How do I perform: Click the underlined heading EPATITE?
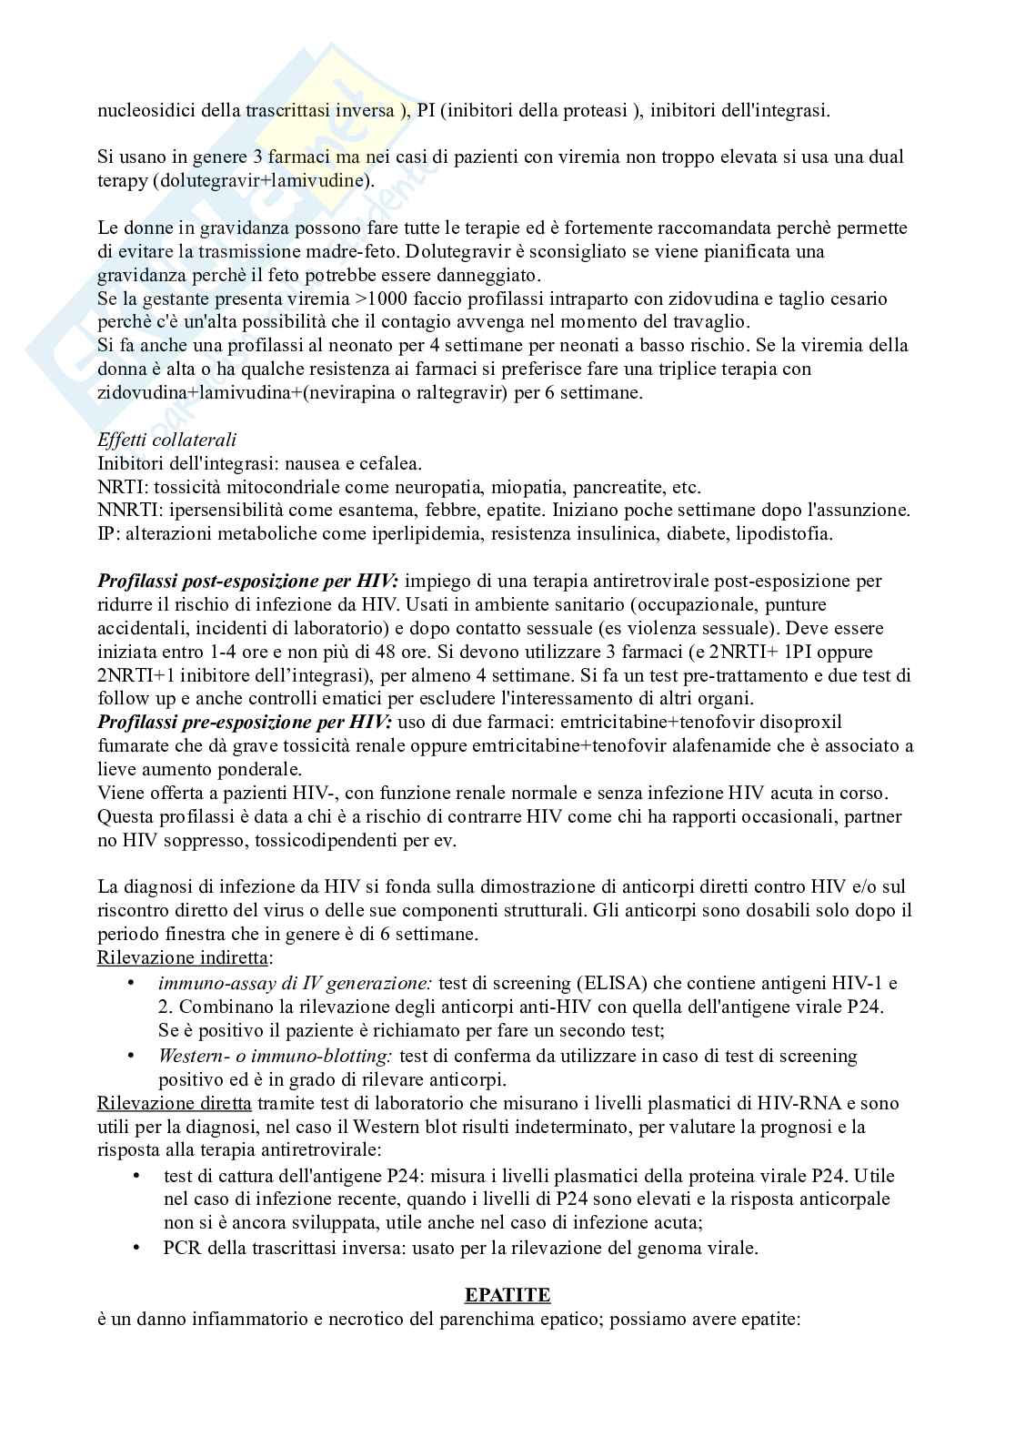tap(507, 1294)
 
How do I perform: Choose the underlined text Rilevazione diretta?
tap(174, 1103)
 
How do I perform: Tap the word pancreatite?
tap(606, 487)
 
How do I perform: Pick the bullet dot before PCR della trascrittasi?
tap(137, 1248)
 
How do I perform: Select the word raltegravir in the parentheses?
tap(439, 393)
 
